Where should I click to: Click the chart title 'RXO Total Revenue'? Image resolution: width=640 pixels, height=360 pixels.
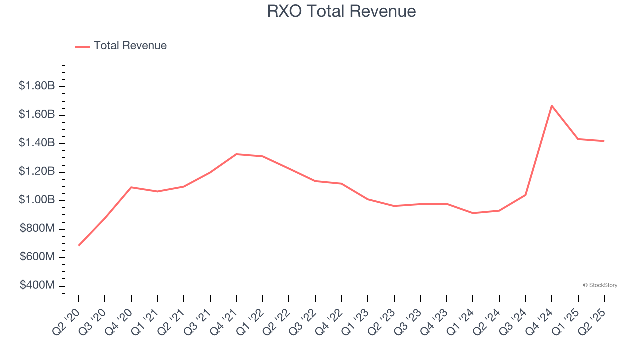pyautogui.click(x=341, y=11)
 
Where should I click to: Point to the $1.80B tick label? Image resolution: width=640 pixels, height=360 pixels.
pyautogui.click(x=36, y=86)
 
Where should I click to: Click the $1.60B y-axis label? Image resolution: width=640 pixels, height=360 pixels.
pyautogui.click(x=36, y=115)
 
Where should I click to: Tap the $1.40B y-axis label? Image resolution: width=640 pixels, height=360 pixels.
pyautogui.click(x=36, y=143)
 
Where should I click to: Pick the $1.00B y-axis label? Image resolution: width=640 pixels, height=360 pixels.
pyautogui.click(x=36, y=200)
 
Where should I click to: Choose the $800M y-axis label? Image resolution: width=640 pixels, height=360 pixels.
pyautogui.click(x=37, y=229)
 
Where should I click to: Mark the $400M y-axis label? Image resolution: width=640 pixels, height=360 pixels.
pyautogui.click(x=37, y=285)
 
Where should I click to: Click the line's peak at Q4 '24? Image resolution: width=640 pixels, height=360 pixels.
pyautogui.click(x=552, y=106)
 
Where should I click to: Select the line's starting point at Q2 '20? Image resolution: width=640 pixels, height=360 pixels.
pyautogui.click(x=79, y=245)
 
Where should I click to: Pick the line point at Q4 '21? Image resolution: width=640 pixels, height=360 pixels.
pyautogui.click(x=236, y=154)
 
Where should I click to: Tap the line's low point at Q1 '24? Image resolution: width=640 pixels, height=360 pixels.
pyautogui.click(x=473, y=213)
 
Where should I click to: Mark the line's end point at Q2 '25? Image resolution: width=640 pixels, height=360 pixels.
pyautogui.click(x=604, y=141)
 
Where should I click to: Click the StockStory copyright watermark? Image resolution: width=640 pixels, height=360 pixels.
pyautogui.click(x=600, y=285)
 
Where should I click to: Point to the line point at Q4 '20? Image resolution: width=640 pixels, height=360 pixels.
pyautogui.click(x=131, y=187)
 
